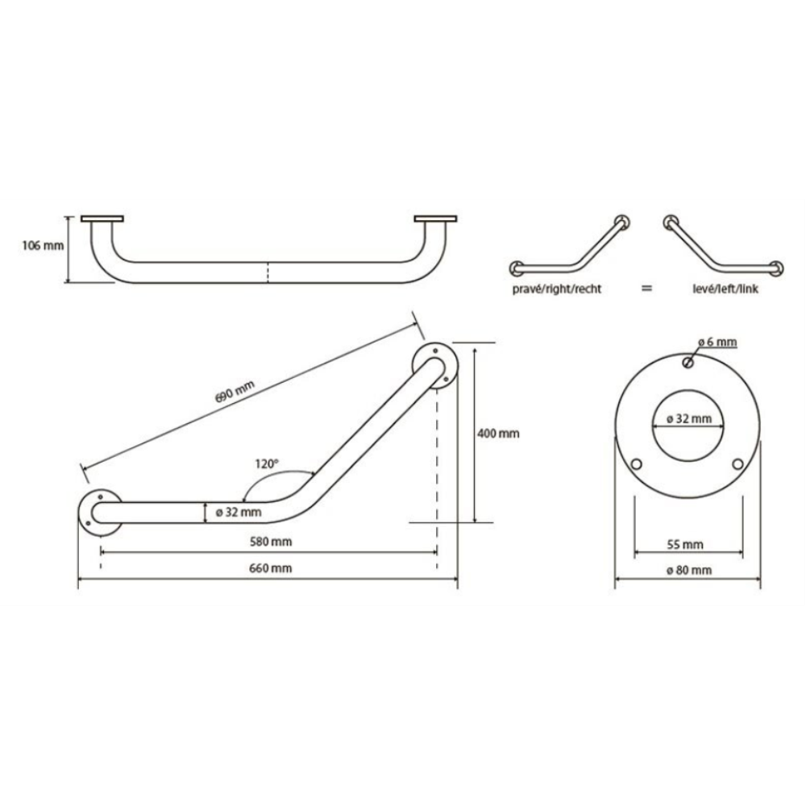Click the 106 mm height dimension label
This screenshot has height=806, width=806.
coord(43,246)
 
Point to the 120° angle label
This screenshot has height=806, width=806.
coord(266,464)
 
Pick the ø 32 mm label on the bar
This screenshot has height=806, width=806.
coord(239,512)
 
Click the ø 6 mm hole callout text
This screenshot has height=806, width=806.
coord(717,343)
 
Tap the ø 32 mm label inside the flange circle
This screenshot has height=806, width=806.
coord(688,418)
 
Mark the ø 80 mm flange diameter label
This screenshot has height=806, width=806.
coord(688,571)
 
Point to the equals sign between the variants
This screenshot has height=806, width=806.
coord(646,288)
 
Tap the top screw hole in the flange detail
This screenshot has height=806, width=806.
coord(688,363)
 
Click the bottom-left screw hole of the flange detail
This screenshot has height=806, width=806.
coord(637,464)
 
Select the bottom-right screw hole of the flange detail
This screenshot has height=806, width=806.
coord(738,464)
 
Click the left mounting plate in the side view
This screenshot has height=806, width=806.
coord(102,219)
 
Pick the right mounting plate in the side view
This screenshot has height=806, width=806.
coord(436,219)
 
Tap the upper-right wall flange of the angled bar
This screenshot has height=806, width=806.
coord(434,366)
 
